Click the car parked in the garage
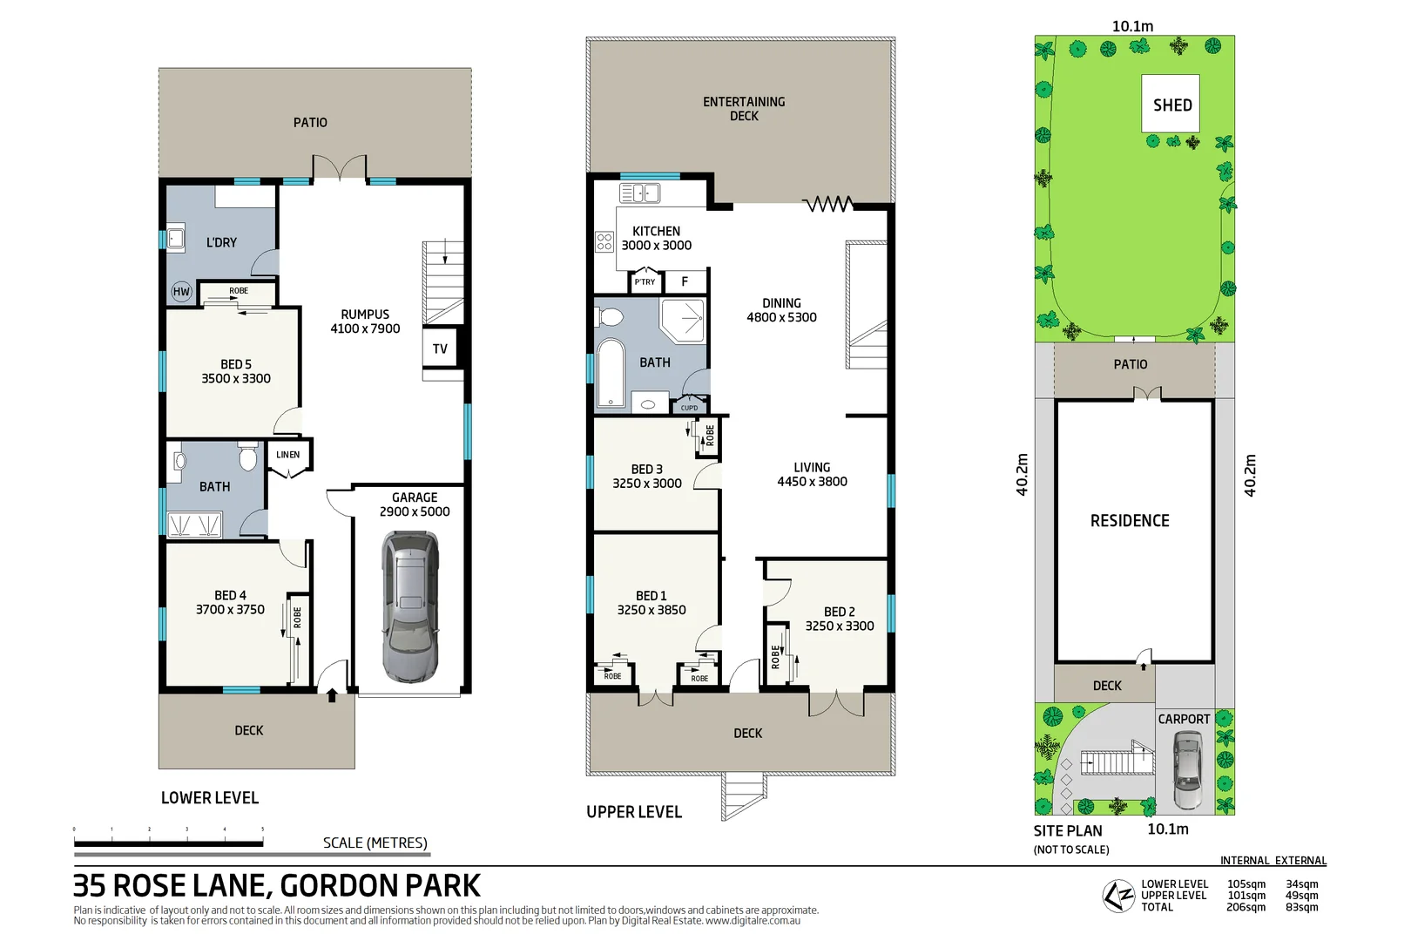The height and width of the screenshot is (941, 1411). [409, 607]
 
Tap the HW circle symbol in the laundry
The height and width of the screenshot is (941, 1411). [181, 292]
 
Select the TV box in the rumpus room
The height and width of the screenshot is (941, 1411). [440, 349]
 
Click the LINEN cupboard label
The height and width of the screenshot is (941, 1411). [288, 455]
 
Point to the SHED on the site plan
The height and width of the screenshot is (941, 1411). [1171, 105]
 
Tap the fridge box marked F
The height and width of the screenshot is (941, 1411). [685, 281]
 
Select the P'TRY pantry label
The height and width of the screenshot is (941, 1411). [645, 282]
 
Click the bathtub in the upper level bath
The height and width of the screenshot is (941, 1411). [611, 374]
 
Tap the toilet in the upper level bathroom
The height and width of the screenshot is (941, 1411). [611, 316]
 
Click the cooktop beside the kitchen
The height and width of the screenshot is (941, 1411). [604, 241]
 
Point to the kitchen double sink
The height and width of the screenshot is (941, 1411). [639, 193]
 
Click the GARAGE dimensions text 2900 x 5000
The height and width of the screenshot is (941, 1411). [415, 511]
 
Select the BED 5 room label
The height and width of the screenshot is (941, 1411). [236, 364]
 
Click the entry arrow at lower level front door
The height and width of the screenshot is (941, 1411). [332, 695]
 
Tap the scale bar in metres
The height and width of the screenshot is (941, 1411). [169, 843]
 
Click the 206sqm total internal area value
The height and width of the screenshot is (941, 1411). [1246, 907]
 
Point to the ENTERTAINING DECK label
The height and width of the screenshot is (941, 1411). [744, 108]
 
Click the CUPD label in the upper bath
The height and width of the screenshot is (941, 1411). [689, 408]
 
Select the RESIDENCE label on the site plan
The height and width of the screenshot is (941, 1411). [1130, 520]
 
